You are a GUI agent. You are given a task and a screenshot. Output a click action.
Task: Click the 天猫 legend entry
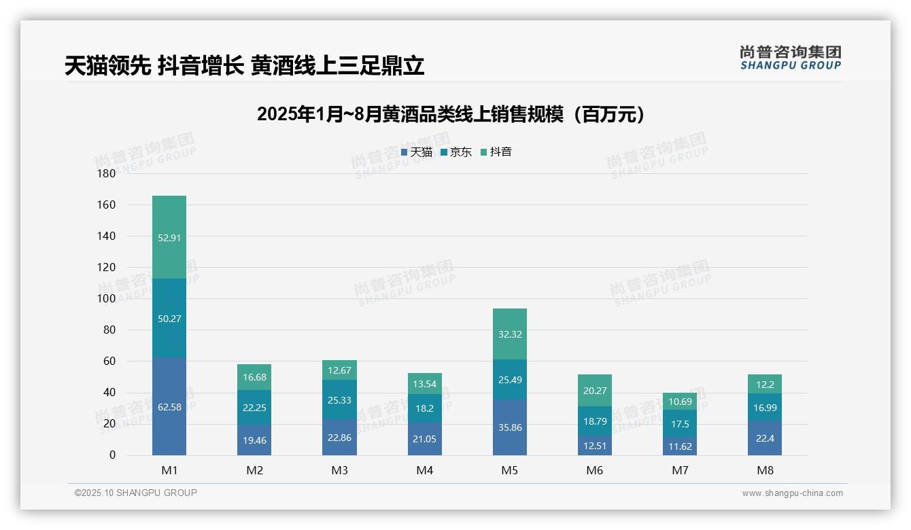click(417, 152)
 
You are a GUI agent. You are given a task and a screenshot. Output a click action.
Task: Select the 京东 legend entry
click(456, 152)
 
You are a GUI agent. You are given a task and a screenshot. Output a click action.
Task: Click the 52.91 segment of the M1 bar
click(169, 238)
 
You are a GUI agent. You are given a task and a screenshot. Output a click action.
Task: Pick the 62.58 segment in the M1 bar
click(169, 406)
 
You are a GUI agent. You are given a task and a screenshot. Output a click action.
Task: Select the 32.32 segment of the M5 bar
click(509, 334)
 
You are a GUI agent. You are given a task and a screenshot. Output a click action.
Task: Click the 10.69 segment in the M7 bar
click(680, 402)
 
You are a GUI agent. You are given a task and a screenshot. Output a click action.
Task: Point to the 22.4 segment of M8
click(765, 438)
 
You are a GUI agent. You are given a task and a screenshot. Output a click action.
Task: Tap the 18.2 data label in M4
click(424, 408)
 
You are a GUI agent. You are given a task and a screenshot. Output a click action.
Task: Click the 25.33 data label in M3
click(339, 400)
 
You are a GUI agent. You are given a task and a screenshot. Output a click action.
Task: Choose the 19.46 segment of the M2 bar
click(254, 440)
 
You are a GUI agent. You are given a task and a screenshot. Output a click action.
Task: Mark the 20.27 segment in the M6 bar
click(595, 391)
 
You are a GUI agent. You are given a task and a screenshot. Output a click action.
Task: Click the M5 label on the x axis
click(509, 470)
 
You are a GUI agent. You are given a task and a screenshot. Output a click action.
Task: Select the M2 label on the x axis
click(254, 470)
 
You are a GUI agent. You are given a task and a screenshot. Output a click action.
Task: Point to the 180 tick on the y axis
click(107, 174)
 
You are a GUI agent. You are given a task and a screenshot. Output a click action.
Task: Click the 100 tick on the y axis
click(107, 299)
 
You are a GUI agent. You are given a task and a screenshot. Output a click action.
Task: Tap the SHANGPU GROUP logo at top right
click(791, 58)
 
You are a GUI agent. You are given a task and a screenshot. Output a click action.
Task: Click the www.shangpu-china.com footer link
click(792, 493)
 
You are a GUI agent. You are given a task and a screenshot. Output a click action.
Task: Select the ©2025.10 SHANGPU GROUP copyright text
click(136, 493)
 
